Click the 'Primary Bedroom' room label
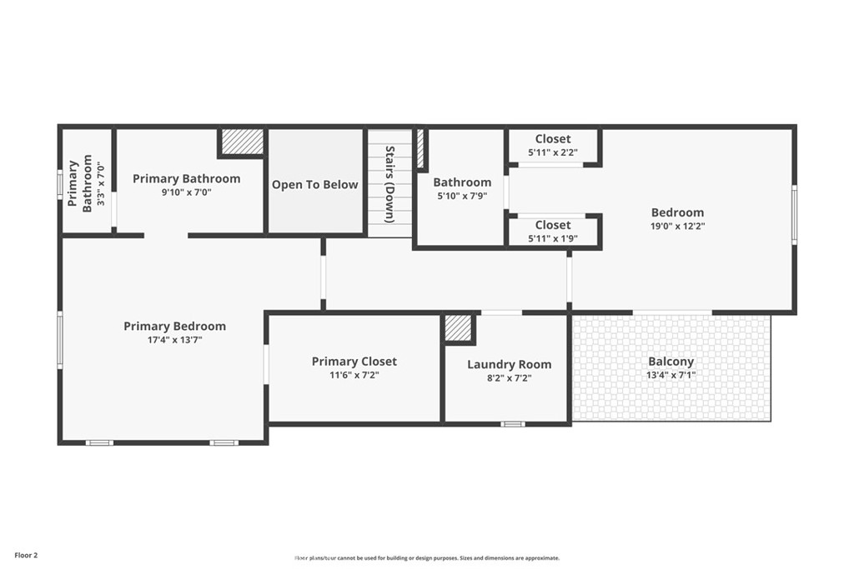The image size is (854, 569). click(174, 327)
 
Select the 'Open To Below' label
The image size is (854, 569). click(314, 184)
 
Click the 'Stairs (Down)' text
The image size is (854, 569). click(389, 184)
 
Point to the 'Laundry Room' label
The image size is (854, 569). click(510, 364)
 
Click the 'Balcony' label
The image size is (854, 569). click(671, 362)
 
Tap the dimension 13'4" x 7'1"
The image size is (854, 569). click(671, 376)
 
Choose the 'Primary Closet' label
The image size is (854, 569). click(354, 362)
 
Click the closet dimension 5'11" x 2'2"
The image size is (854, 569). click(553, 152)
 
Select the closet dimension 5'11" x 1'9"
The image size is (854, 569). click(553, 238)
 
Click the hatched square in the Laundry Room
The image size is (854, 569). click(458, 328)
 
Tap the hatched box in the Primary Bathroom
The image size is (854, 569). click(243, 142)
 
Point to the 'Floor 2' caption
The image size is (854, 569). click(26, 556)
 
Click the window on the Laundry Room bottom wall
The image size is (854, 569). click(513, 424)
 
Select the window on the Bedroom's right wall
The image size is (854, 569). click(794, 214)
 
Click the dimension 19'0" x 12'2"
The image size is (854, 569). click(677, 227)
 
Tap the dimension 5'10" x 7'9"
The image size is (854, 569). click(462, 196)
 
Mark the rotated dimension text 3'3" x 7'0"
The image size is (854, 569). click(100, 185)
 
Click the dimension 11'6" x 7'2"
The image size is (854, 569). click(354, 376)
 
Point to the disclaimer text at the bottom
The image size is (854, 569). click(427, 557)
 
